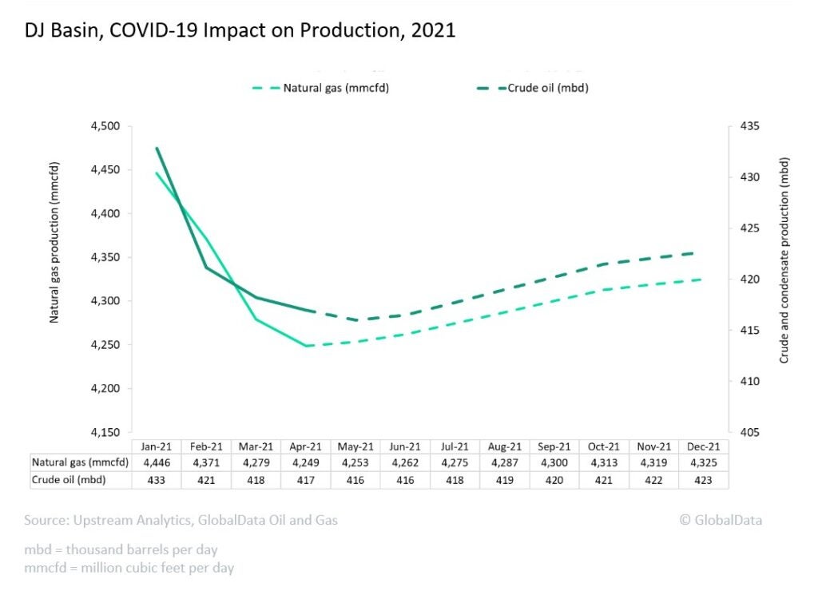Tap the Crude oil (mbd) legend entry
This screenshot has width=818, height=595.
[x=548, y=88]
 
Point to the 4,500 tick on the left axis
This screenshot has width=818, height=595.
[x=102, y=126]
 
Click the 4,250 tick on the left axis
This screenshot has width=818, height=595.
[x=102, y=345]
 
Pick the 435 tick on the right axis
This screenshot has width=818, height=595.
[x=749, y=126]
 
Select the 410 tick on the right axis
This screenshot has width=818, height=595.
[x=749, y=382]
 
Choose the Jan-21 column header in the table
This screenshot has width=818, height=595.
[x=157, y=446]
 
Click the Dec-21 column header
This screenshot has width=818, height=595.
[x=704, y=446]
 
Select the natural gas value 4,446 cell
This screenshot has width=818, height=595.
[x=157, y=462]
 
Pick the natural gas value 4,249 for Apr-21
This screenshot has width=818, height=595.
[x=306, y=462]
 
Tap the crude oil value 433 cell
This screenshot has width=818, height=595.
[x=157, y=479]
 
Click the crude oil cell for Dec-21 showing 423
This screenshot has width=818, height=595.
[x=704, y=479]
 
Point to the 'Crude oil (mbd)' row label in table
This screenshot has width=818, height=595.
[x=69, y=479]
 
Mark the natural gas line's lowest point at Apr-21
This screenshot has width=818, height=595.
[x=306, y=346]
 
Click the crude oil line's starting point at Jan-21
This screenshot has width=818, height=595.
[x=157, y=148]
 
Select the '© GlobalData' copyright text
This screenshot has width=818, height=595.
[x=721, y=520]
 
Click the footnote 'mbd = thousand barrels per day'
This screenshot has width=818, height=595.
[x=121, y=550]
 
